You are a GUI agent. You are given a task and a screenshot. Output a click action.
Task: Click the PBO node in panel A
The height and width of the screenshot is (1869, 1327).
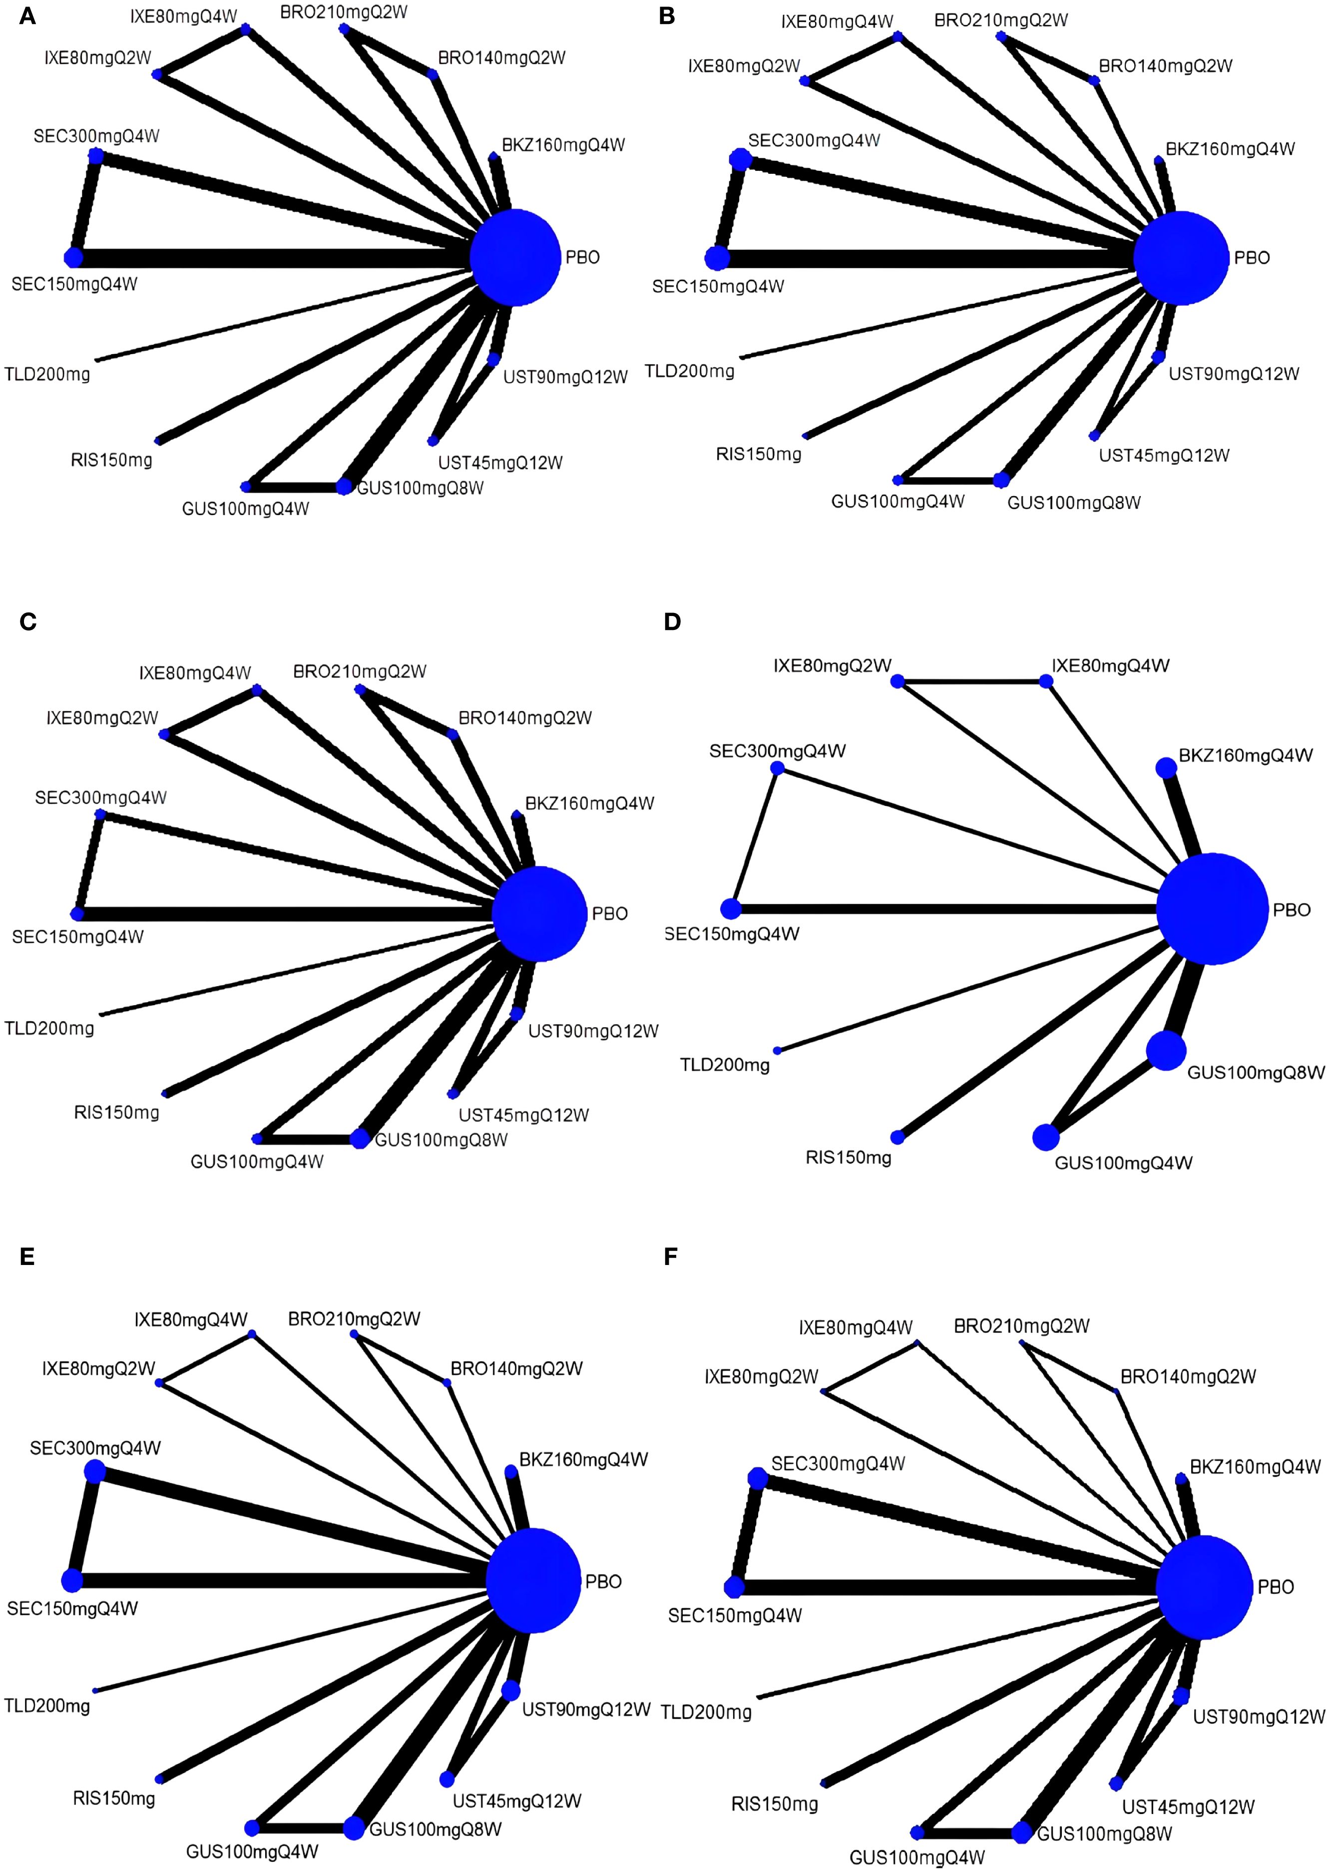[x=515, y=257]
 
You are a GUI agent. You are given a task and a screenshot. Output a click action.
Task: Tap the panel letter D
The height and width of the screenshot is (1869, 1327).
[x=672, y=622]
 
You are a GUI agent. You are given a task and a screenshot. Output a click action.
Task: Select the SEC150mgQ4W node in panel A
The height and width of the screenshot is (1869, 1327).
[x=73, y=257]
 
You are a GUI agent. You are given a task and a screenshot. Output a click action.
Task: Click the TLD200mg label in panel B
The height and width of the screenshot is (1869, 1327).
[x=690, y=372]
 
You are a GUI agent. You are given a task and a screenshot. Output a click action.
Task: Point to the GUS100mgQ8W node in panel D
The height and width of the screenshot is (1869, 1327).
[x=1165, y=1050]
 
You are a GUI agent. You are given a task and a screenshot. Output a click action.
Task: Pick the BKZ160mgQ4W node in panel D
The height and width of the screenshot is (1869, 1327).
[x=1165, y=767]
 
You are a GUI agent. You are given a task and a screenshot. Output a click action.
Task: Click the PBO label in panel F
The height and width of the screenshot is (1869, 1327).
[x=1276, y=1587]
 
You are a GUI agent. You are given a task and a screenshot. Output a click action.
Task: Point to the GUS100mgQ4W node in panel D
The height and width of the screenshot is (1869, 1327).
[x=1045, y=1136]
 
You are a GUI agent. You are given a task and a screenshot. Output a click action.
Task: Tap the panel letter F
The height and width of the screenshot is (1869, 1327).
[x=671, y=1256]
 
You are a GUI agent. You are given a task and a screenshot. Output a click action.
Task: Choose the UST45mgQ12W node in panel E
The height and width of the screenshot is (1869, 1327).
[x=447, y=1779]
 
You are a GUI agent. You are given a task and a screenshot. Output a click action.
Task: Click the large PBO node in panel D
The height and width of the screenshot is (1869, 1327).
[x=1213, y=909]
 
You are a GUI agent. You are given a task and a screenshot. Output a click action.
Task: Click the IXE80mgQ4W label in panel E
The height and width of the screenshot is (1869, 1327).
[x=190, y=1320]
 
